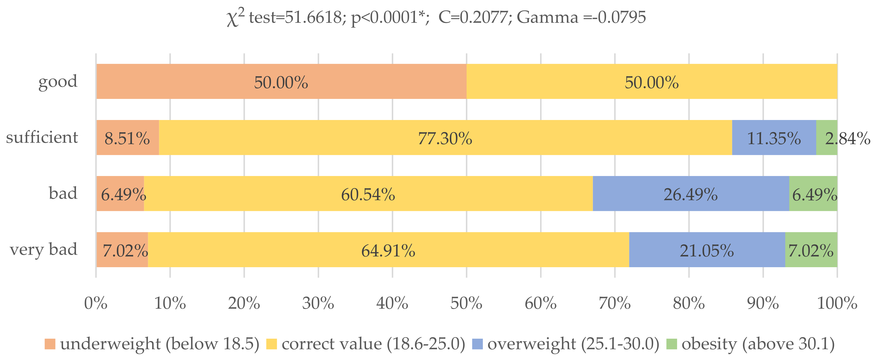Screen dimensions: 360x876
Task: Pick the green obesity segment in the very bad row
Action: [811, 250]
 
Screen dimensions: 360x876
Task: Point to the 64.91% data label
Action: [388, 251]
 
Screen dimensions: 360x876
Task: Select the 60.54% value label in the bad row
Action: [368, 195]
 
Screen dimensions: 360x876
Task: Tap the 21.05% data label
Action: [707, 251]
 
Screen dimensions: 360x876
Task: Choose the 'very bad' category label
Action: [44, 250]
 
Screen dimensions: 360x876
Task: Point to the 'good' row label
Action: [58, 82]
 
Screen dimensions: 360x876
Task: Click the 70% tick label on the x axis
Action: [615, 303]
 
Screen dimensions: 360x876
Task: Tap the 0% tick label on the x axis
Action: [96, 303]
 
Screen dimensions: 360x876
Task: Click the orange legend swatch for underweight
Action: [50, 344]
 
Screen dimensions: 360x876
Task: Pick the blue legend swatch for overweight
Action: [477, 344]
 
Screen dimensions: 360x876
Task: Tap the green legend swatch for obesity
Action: [672, 344]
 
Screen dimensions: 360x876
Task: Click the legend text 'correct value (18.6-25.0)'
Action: [373, 344]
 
